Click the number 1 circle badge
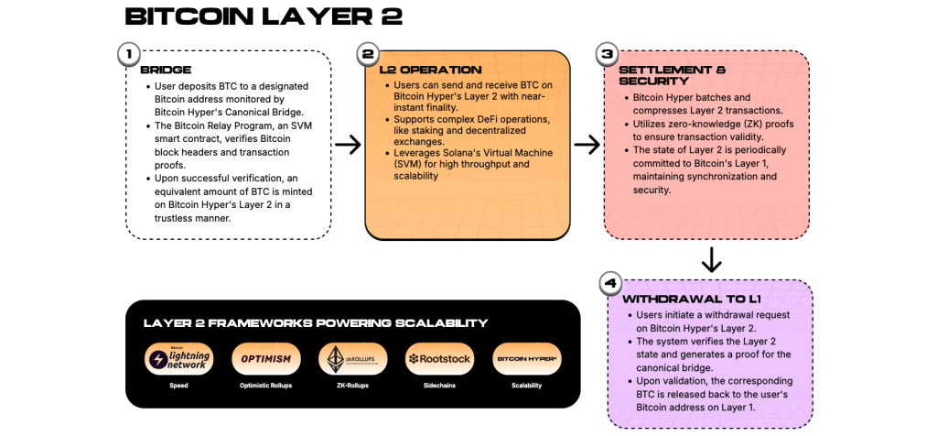(128, 54)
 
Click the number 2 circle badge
(368, 54)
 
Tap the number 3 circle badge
(608, 54)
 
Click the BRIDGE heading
(166, 69)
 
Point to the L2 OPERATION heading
(429, 69)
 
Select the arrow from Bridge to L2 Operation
(348, 144)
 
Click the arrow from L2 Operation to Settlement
(587, 144)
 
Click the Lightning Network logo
(178, 358)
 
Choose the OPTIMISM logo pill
(265, 358)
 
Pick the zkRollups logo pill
(351, 358)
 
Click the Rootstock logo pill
(438, 358)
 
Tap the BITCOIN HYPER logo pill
(526, 358)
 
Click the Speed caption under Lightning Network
(178, 385)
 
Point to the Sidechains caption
(438, 385)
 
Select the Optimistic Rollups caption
(265, 385)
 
